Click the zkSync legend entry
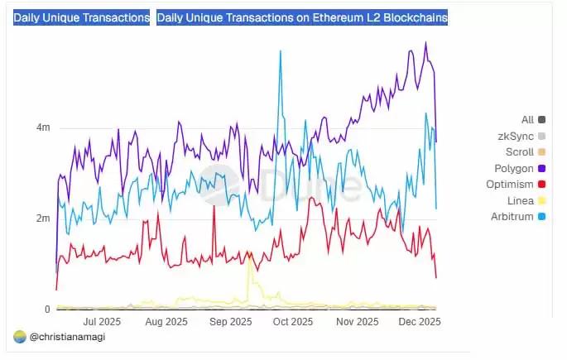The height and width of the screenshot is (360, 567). pyautogui.click(x=516, y=136)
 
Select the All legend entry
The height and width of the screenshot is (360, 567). pyautogui.click(x=527, y=120)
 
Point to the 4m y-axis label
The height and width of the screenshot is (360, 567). pyautogui.click(x=42, y=127)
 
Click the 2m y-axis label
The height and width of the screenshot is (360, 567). pyautogui.click(x=42, y=218)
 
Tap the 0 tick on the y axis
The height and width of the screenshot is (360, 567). pyautogui.click(x=47, y=310)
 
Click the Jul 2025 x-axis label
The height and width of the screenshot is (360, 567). pyautogui.click(x=103, y=321)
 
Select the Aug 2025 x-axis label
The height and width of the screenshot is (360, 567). pyautogui.click(x=166, y=321)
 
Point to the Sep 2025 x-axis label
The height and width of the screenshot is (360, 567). pyautogui.click(x=230, y=321)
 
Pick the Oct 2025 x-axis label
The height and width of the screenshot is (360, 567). pyautogui.click(x=293, y=321)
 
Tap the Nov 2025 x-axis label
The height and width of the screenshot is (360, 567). pyautogui.click(x=357, y=321)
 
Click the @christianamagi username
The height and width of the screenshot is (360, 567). pyautogui.click(x=66, y=337)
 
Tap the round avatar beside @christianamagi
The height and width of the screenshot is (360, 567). pyautogui.click(x=20, y=337)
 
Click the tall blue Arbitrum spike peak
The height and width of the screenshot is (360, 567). pyautogui.click(x=281, y=51)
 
